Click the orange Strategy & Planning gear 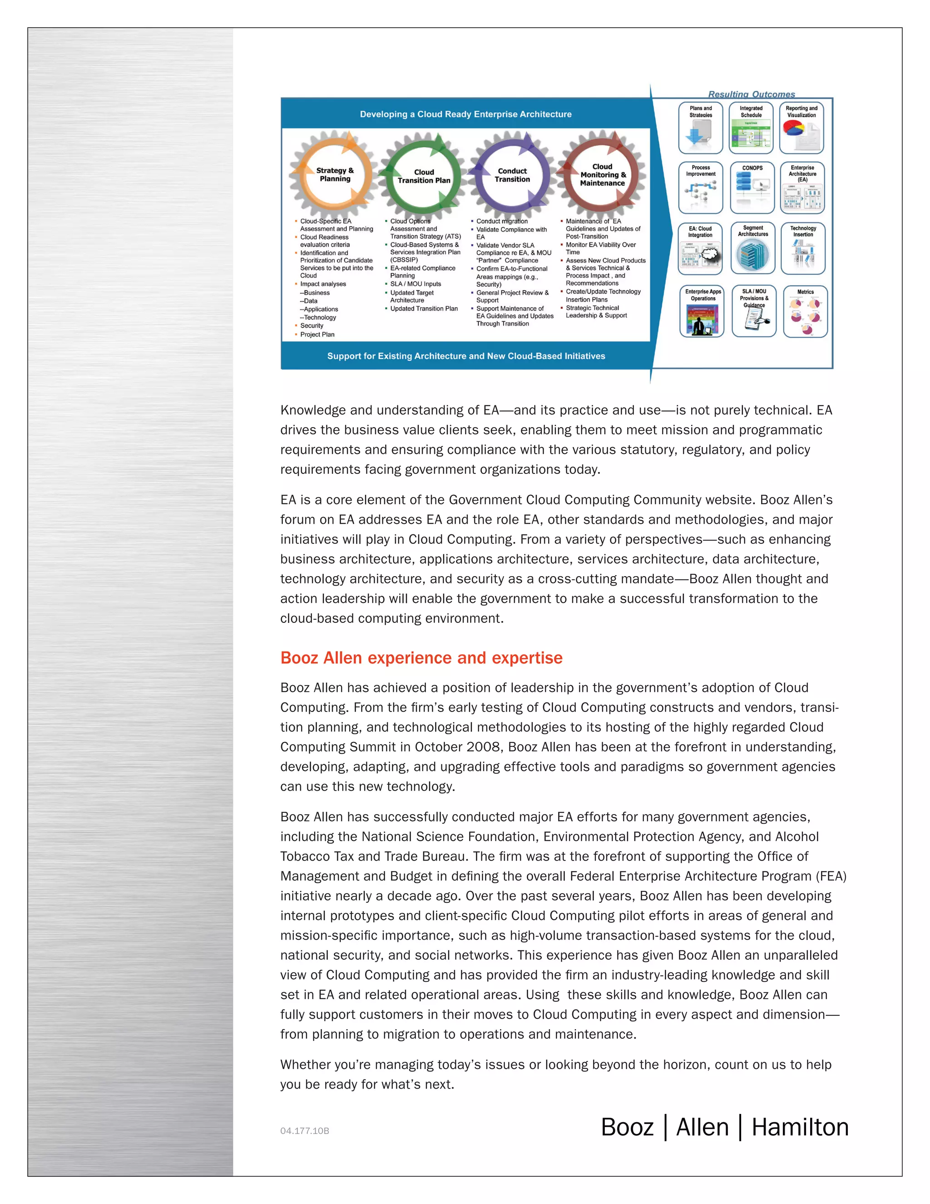(x=334, y=175)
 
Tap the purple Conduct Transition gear (x=512, y=175)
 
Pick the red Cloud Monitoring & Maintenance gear (x=602, y=175)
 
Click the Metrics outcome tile (x=805, y=312)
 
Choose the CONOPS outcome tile (x=752, y=188)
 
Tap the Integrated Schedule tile (x=751, y=128)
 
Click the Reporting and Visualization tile (x=801, y=128)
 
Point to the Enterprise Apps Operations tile (x=702, y=312)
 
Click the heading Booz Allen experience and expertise (x=421, y=658)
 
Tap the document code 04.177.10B (x=304, y=1131)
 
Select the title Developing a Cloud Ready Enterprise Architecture (x=465, y=114)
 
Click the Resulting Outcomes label (x=751, y=94)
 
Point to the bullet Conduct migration (x=501, y=221)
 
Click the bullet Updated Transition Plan (x=424, y=308)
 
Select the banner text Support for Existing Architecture (x=465, y=356)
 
